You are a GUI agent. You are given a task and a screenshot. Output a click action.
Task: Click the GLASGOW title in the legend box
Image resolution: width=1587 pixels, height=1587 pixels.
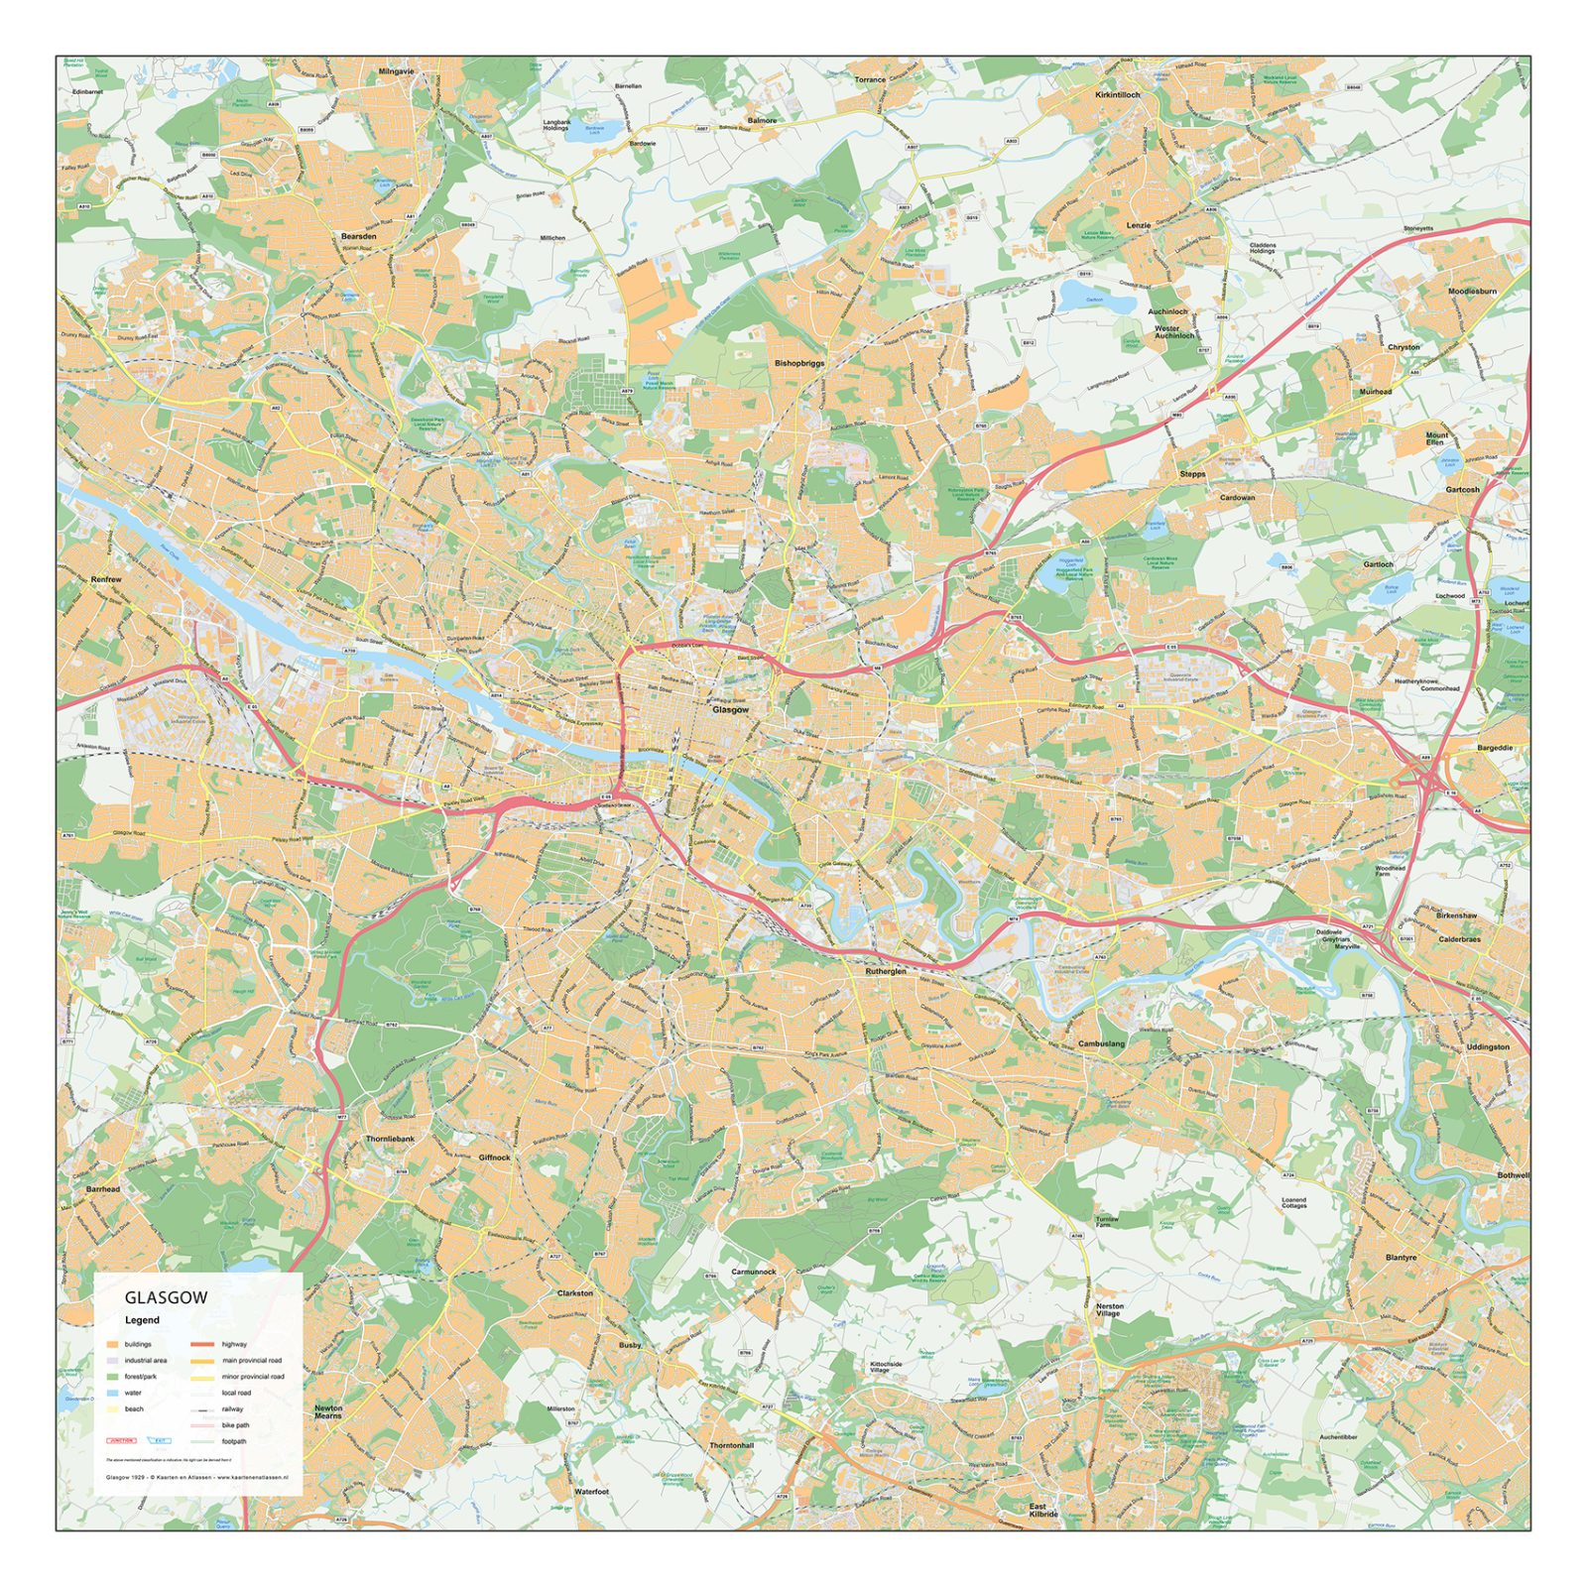pos(166,1297)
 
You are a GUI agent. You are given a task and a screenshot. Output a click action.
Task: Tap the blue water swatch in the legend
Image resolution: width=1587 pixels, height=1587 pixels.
pos(113,1393)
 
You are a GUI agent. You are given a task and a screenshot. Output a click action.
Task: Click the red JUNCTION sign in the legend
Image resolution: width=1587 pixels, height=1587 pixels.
pos(121,1440)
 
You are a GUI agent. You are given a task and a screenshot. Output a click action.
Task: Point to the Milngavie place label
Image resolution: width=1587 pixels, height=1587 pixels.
pos(396,72)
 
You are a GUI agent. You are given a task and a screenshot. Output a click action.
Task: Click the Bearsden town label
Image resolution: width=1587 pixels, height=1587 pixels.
pos(358,237)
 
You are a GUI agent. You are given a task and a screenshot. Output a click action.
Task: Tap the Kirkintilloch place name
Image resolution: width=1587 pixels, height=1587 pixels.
pos(1118,95)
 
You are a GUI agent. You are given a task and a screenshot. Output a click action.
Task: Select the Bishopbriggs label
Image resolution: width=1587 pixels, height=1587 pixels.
pos(799,363)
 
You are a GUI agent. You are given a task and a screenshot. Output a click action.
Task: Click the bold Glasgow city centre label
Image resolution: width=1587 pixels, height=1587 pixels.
pos(730,710)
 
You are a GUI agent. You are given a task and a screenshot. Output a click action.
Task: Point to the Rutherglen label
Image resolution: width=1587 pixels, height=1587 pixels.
pos(886,971)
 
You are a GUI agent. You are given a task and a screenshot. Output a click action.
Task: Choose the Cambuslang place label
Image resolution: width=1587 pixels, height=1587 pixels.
pos(1101,1043)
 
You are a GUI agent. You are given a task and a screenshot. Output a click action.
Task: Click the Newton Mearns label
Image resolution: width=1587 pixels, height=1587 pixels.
pos(328,1411)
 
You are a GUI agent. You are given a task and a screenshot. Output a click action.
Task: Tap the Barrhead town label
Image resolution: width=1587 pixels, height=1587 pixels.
pos(103,1188)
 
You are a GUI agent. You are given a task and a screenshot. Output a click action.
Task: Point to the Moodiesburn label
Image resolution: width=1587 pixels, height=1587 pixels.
pos(1472,292)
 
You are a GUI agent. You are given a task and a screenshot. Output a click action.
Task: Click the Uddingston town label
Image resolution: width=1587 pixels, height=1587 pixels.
pos(1487,1046)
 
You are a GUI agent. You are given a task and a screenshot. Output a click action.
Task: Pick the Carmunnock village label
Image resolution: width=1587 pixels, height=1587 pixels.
pos(754,1272)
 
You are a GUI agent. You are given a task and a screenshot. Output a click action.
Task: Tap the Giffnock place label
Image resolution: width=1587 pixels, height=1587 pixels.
pos(494,1158)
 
